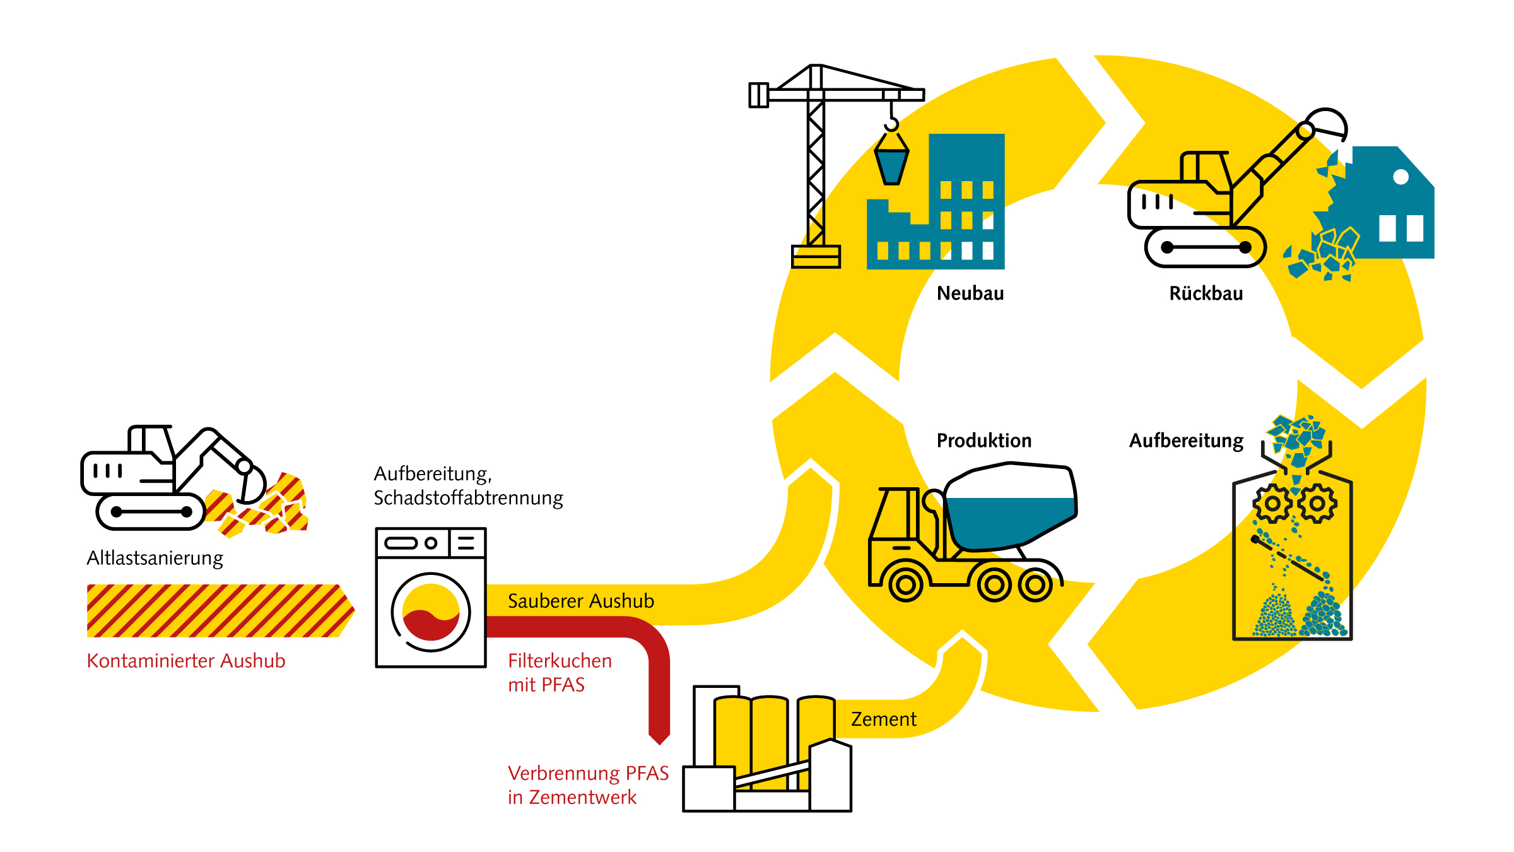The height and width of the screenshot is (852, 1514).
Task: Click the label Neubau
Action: pos(970,293)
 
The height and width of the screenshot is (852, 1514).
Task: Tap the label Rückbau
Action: pos(1206,293)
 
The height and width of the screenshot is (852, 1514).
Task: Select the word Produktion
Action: pos(984,441)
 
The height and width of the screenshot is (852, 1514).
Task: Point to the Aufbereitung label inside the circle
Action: pos(1186,441)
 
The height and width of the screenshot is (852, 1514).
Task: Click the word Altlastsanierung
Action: pos(155,559)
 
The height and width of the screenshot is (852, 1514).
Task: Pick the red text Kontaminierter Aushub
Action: pos(186,661)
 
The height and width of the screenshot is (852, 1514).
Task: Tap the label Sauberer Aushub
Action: pos(581,601)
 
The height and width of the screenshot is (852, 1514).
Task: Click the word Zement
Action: pos(884,719)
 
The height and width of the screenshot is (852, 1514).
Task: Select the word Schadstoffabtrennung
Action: pos(468,498)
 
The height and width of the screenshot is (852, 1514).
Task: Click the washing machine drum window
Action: pos(431,612)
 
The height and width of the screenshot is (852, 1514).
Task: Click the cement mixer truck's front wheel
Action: pos(906,585)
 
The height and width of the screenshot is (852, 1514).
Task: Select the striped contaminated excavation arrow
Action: pos(221,611)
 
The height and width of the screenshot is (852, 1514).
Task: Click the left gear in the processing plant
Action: pos(1272,504)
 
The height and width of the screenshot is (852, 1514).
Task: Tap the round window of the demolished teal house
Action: pos(1400,177)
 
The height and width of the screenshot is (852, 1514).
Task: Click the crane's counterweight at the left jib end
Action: pos(758,95)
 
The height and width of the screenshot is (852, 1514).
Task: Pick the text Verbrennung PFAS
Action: pos(589,773)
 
